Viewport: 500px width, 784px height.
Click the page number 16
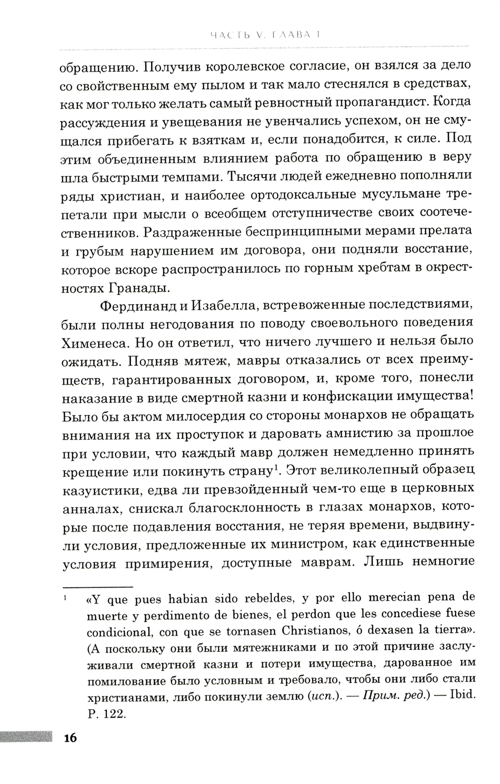tap(67, 738)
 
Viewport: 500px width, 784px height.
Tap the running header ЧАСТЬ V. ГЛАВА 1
tap(265, 35)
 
